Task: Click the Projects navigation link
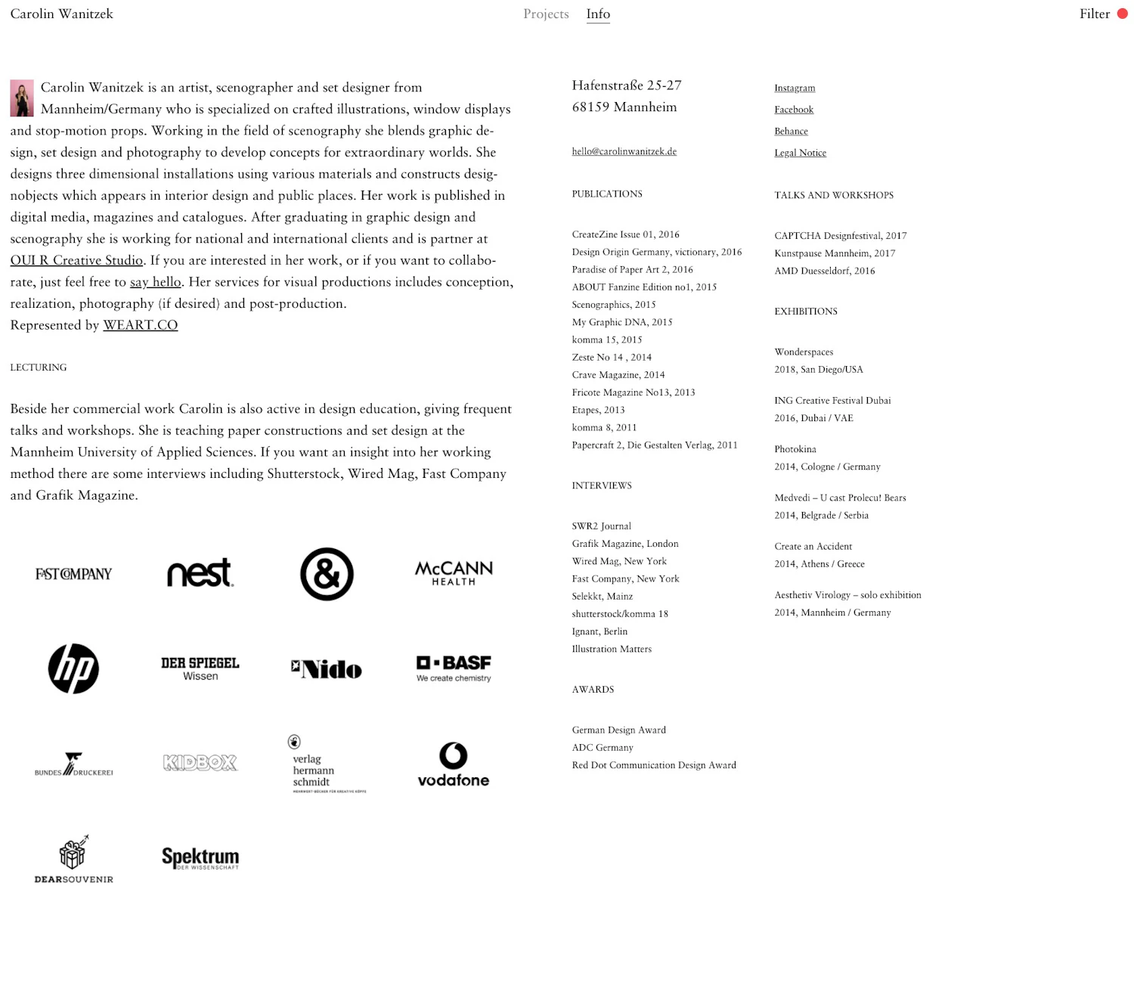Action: tap(546, 14)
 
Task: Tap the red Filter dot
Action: tap(1123, 14)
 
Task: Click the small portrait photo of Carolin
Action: tap(22, 98)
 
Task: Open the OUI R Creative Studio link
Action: tap(76, 260)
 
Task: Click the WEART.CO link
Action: tap(141, 325)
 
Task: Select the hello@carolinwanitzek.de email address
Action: tap(624, 151)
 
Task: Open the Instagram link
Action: tap(795, 88)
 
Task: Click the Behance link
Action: tap(791, 131)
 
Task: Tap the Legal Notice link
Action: tap(800, 153)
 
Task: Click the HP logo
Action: tap(73, 668)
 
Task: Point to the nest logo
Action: tap(200, 573)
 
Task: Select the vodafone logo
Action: tap(454, 765)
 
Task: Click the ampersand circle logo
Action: tap(327, 574)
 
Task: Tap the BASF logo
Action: tap(454, 668)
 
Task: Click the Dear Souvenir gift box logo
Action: tap(73, 859)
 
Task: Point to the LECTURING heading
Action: tap(39, 368)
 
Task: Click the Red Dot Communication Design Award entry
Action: tap(654, 765)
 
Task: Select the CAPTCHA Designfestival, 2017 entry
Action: tap(840, 236)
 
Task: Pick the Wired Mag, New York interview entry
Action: tap(619, 561)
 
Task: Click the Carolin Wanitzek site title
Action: tap(62, 14)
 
